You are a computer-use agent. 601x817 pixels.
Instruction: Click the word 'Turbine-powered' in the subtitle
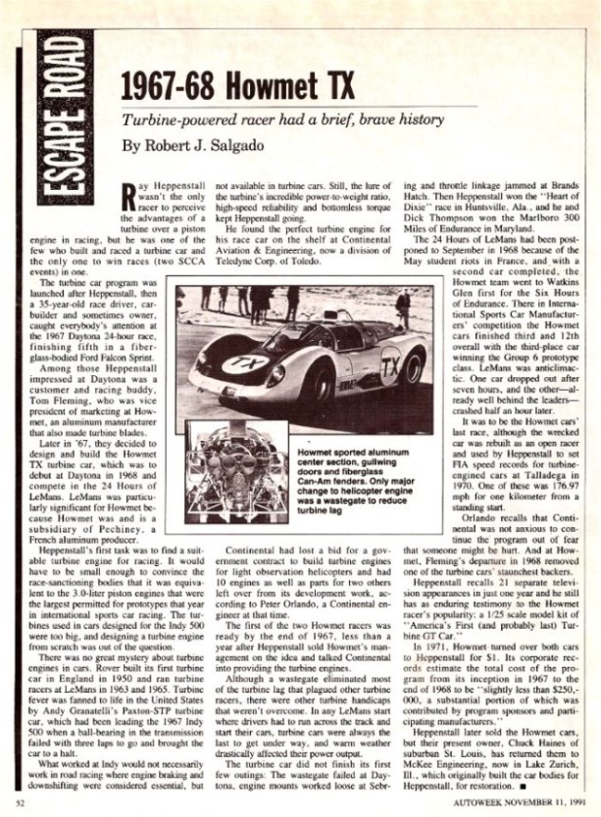coord(174,120)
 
